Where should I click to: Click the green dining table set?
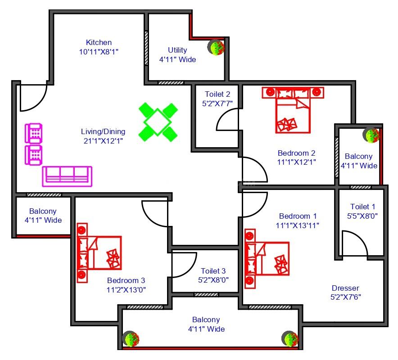[158, 122]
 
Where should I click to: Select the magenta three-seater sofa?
[67, 176]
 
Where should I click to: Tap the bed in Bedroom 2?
[293, 110]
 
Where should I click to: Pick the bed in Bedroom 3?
[99, 253]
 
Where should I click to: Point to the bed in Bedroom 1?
[267, 258]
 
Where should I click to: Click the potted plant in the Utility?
[216, 47]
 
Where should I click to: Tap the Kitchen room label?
[99, 42]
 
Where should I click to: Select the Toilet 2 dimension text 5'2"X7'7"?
[217, 103]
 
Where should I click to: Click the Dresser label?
[345, 288]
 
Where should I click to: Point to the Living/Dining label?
[103, 131]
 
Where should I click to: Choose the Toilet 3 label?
[213, 271]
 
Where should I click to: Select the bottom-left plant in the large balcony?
[131, 339]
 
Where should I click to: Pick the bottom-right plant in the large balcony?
[290, 339]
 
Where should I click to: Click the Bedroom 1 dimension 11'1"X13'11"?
[298, 225]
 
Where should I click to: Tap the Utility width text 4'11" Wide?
[178, 59]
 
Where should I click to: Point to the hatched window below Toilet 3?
[206, 295]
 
